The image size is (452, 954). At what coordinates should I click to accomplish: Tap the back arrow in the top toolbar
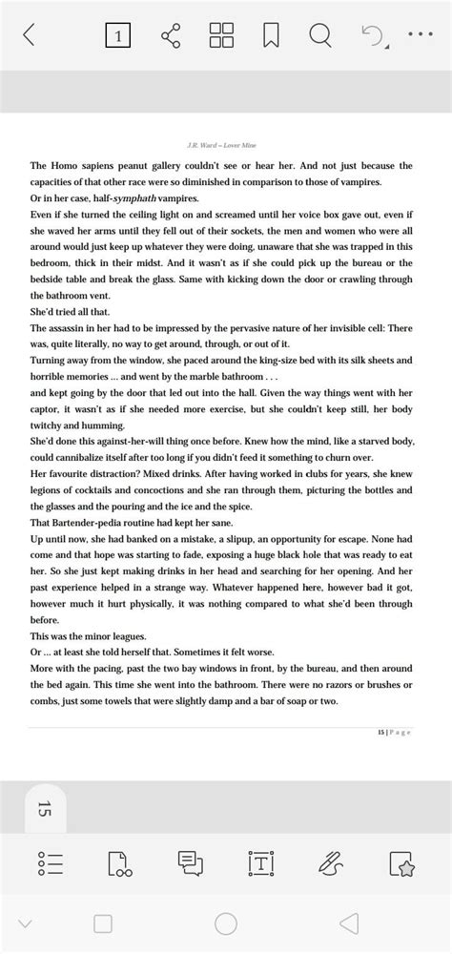coord(29,36)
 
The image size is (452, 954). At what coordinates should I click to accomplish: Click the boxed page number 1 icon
coord(117,36)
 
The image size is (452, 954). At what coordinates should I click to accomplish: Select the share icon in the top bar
coord(172,36)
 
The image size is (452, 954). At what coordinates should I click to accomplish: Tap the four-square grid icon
coord(221,36)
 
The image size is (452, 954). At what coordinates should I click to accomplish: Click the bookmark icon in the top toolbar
coord(271,36)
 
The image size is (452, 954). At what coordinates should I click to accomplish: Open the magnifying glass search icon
coord(320,36)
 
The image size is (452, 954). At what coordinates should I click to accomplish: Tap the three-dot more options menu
coord(420,36)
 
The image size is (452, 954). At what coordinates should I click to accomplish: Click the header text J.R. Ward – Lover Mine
coord(225,146)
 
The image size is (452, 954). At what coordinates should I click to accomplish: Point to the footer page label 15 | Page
coord(394,732)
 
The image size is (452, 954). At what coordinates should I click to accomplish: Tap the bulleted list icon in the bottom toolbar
coord(49,864)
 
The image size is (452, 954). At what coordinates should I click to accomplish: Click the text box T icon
coord(260,864)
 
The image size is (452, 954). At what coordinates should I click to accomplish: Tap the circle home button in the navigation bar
coord(226,923)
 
